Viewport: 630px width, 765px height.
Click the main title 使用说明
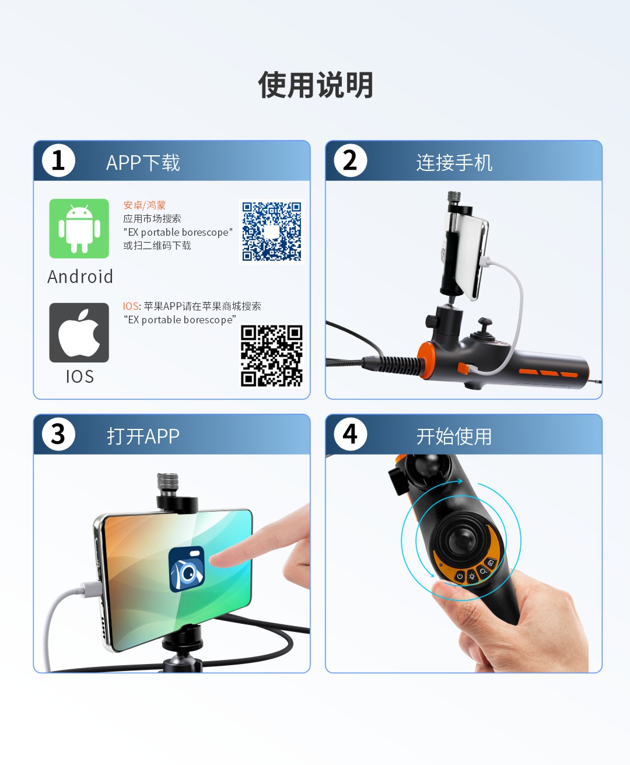click(x=316, y=85)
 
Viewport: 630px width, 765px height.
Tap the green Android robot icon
click(x=79, y=229)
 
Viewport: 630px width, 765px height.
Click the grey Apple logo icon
click(x=79, y=333)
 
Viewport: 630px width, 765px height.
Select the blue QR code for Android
click(x=271, y=232)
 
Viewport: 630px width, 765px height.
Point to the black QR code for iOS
click(x=271, y=356)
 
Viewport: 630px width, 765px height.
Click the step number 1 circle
click(x=58, y=160)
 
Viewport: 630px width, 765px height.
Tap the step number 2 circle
click(x=351, y=160)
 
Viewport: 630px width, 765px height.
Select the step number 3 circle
click(x=58, y=434)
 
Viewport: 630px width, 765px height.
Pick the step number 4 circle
click(x=351, y=434)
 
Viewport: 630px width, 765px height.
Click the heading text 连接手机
click(x=454, y=162)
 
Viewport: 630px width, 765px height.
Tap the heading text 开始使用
click(x=454, y=436)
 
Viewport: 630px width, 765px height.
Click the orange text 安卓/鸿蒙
click(x=144, y=205)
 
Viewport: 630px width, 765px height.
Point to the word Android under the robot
click(x=80, y=277)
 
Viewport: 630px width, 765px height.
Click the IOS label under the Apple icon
click(x=80, y=376)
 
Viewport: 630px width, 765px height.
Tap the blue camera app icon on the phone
click(x=187, y=569)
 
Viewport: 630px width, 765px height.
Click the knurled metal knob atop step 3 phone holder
click(x=168, y=484)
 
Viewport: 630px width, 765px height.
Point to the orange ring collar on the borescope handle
click(x=426, y=359)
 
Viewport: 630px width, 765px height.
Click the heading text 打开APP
click(x=143, y=436)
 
